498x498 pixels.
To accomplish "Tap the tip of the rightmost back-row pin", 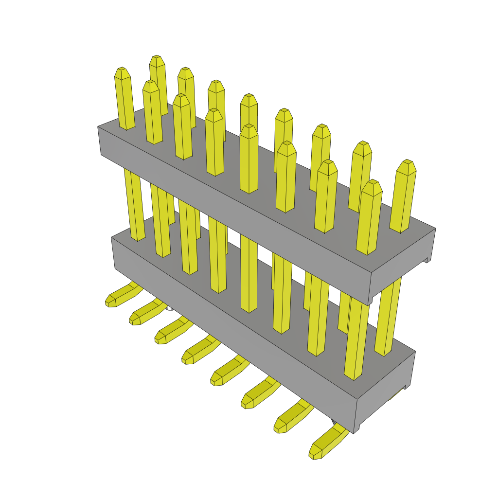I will point(406,165).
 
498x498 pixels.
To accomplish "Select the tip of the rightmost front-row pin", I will point(372,186).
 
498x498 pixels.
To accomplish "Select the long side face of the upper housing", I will point(233,214).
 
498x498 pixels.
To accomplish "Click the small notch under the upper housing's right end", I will point(427,260).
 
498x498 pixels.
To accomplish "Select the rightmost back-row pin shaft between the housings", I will point(389,316).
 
